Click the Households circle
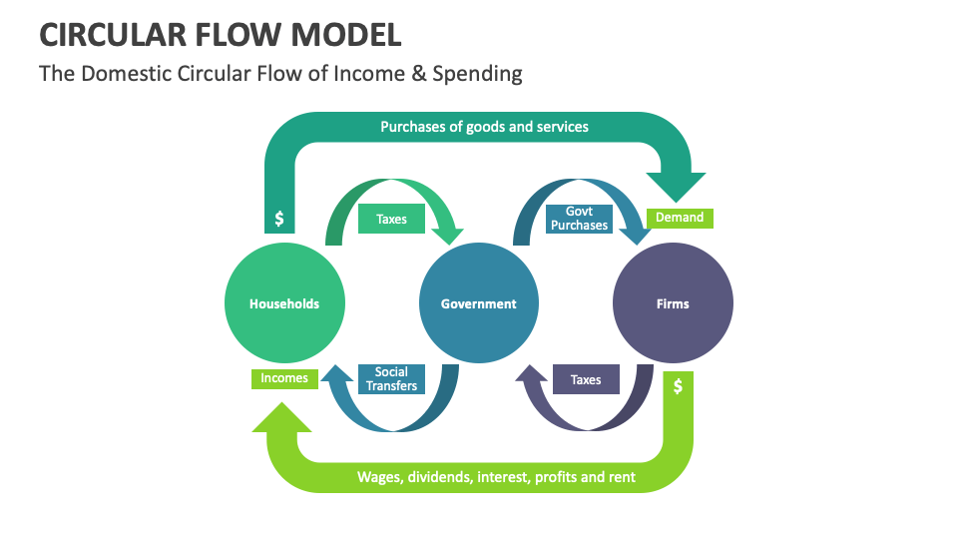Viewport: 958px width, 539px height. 284,303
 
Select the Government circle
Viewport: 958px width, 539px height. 479,303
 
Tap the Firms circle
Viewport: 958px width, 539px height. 673,303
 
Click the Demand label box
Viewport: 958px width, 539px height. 680,218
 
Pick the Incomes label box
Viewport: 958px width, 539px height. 284,378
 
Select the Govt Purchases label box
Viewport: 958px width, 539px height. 579,219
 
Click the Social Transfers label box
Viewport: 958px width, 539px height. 391,379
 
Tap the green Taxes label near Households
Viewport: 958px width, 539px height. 391,219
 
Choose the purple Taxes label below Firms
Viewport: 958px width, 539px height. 586,379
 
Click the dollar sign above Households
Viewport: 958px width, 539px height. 279,218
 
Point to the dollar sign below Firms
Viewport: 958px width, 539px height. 678,386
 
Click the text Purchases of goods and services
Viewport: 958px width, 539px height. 484,127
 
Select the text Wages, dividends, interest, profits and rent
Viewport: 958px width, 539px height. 496,477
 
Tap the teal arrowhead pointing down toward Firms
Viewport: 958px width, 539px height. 676,185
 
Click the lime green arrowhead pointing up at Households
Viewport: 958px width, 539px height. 282,417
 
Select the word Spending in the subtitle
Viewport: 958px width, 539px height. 485,73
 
